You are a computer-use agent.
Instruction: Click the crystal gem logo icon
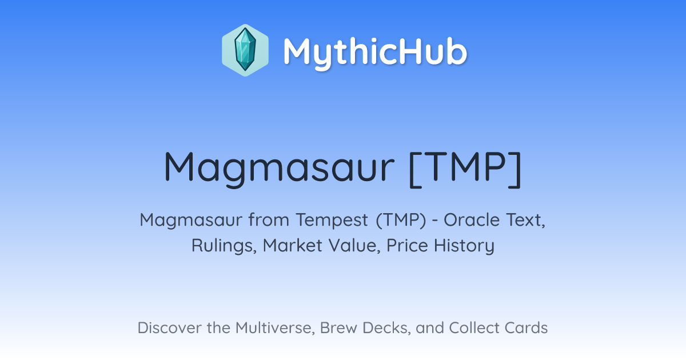[x=245, y=50]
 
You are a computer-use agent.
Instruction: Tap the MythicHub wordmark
[x=375, y=52]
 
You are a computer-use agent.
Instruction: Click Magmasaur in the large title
[x=279, y=169]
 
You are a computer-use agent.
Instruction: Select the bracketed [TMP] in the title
[x=465, y=169]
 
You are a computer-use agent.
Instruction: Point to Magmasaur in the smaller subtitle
[x=191, y=221]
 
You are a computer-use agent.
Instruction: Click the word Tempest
[x=332, y=220]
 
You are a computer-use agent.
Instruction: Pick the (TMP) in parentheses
[x=401, y=220]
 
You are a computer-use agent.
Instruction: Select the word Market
[x=293, y=245]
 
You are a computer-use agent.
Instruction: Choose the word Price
[x=407, y=245]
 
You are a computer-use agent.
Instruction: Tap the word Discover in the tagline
[x=170, y=328]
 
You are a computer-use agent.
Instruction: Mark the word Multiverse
[x=276, y=328]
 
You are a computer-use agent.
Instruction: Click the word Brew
[x=338, y=328]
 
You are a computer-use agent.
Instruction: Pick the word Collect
[x=474, y=328]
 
